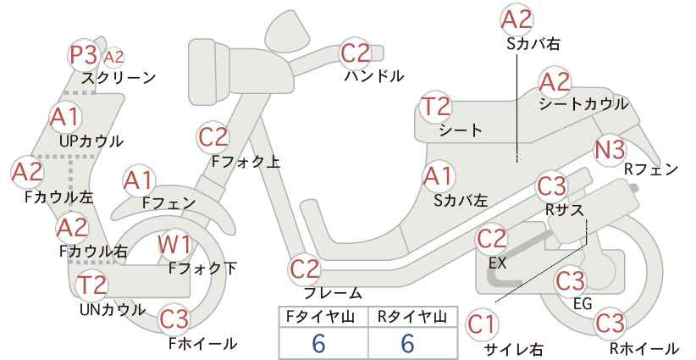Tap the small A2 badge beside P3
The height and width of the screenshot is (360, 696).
point(113,58)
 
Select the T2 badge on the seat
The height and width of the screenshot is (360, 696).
point(436,107)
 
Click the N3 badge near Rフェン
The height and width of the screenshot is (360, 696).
point(610,151)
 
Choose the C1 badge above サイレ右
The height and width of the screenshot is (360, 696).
point(481,324)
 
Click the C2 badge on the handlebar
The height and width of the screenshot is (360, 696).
point(355,53)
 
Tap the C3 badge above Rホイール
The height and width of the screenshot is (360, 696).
point(610,323)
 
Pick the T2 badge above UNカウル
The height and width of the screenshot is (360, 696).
point(92,285)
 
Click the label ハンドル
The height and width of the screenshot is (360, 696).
point(374,76)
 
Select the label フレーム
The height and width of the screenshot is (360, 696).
point(333,293)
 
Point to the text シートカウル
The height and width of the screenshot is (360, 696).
point(583,105)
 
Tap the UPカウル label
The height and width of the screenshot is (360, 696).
point(91,141)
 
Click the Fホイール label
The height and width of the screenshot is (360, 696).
point(203,343)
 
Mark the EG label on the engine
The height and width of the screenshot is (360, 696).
point(583,304)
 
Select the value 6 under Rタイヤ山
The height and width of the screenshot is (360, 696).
point(407,343)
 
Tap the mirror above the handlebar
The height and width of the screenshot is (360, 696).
point(288,27)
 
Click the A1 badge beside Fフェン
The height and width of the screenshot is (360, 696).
point(139,181)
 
